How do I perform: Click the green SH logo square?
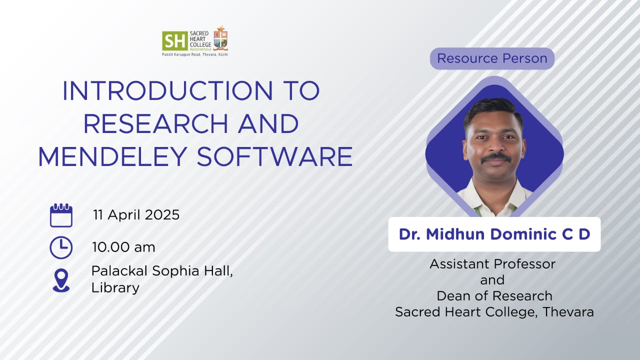point(175,41)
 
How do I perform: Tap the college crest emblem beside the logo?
point(220,38)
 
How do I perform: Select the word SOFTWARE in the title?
point(274,156)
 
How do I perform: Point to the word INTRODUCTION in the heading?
point(167,90)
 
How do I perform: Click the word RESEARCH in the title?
point(155,123)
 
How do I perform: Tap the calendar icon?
point(61,215)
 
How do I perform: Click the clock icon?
point(61,247)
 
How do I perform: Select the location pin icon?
point(61,280)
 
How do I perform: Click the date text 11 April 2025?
point(136,215)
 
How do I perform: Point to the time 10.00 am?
point(123,247)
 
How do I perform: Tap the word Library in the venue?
point(115,287)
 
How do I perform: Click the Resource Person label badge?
point(492,58)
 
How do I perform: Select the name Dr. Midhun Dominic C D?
point(494,234)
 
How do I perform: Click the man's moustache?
point(496,157)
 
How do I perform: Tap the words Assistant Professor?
point(492,264)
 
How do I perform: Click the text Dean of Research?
point(494,296)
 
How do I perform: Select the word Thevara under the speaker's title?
point(568,312)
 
